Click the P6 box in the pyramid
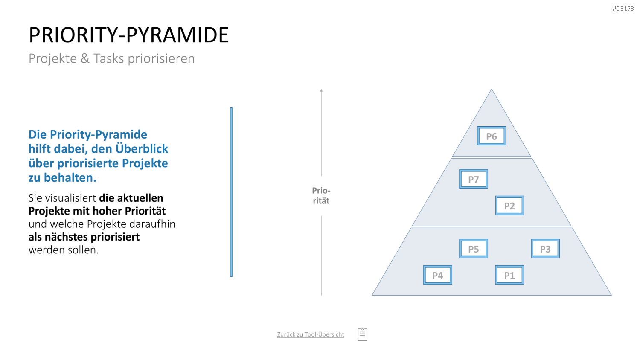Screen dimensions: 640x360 (x=492, y=136)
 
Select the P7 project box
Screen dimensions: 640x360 (x=474, y=179)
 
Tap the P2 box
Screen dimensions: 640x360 (x=509, y=206)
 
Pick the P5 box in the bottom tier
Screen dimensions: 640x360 (x=474, y=249)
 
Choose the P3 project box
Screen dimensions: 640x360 (x=545, y=249)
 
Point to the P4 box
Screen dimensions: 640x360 (x=437, y=275)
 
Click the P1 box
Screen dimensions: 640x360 (x=509, y=275)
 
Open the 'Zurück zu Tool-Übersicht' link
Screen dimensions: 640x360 (x=310, y=334)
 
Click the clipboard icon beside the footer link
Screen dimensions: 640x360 (x=362, y=334)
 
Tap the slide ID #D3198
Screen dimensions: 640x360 (x=623, y=9)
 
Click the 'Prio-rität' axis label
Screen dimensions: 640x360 (x=321, y=196)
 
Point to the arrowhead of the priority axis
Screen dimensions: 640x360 (x=321, y=90)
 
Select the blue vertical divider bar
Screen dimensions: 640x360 (x=231, y=192)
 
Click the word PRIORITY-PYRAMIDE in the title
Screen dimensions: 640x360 (x=128, y=35)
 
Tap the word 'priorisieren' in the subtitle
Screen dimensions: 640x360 (x=161, y=58)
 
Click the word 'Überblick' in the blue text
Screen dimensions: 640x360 (x=142, y=149)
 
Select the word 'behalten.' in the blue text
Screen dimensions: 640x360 (x=70, y=178)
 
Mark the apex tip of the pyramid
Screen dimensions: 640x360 (x=492, y=89)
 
